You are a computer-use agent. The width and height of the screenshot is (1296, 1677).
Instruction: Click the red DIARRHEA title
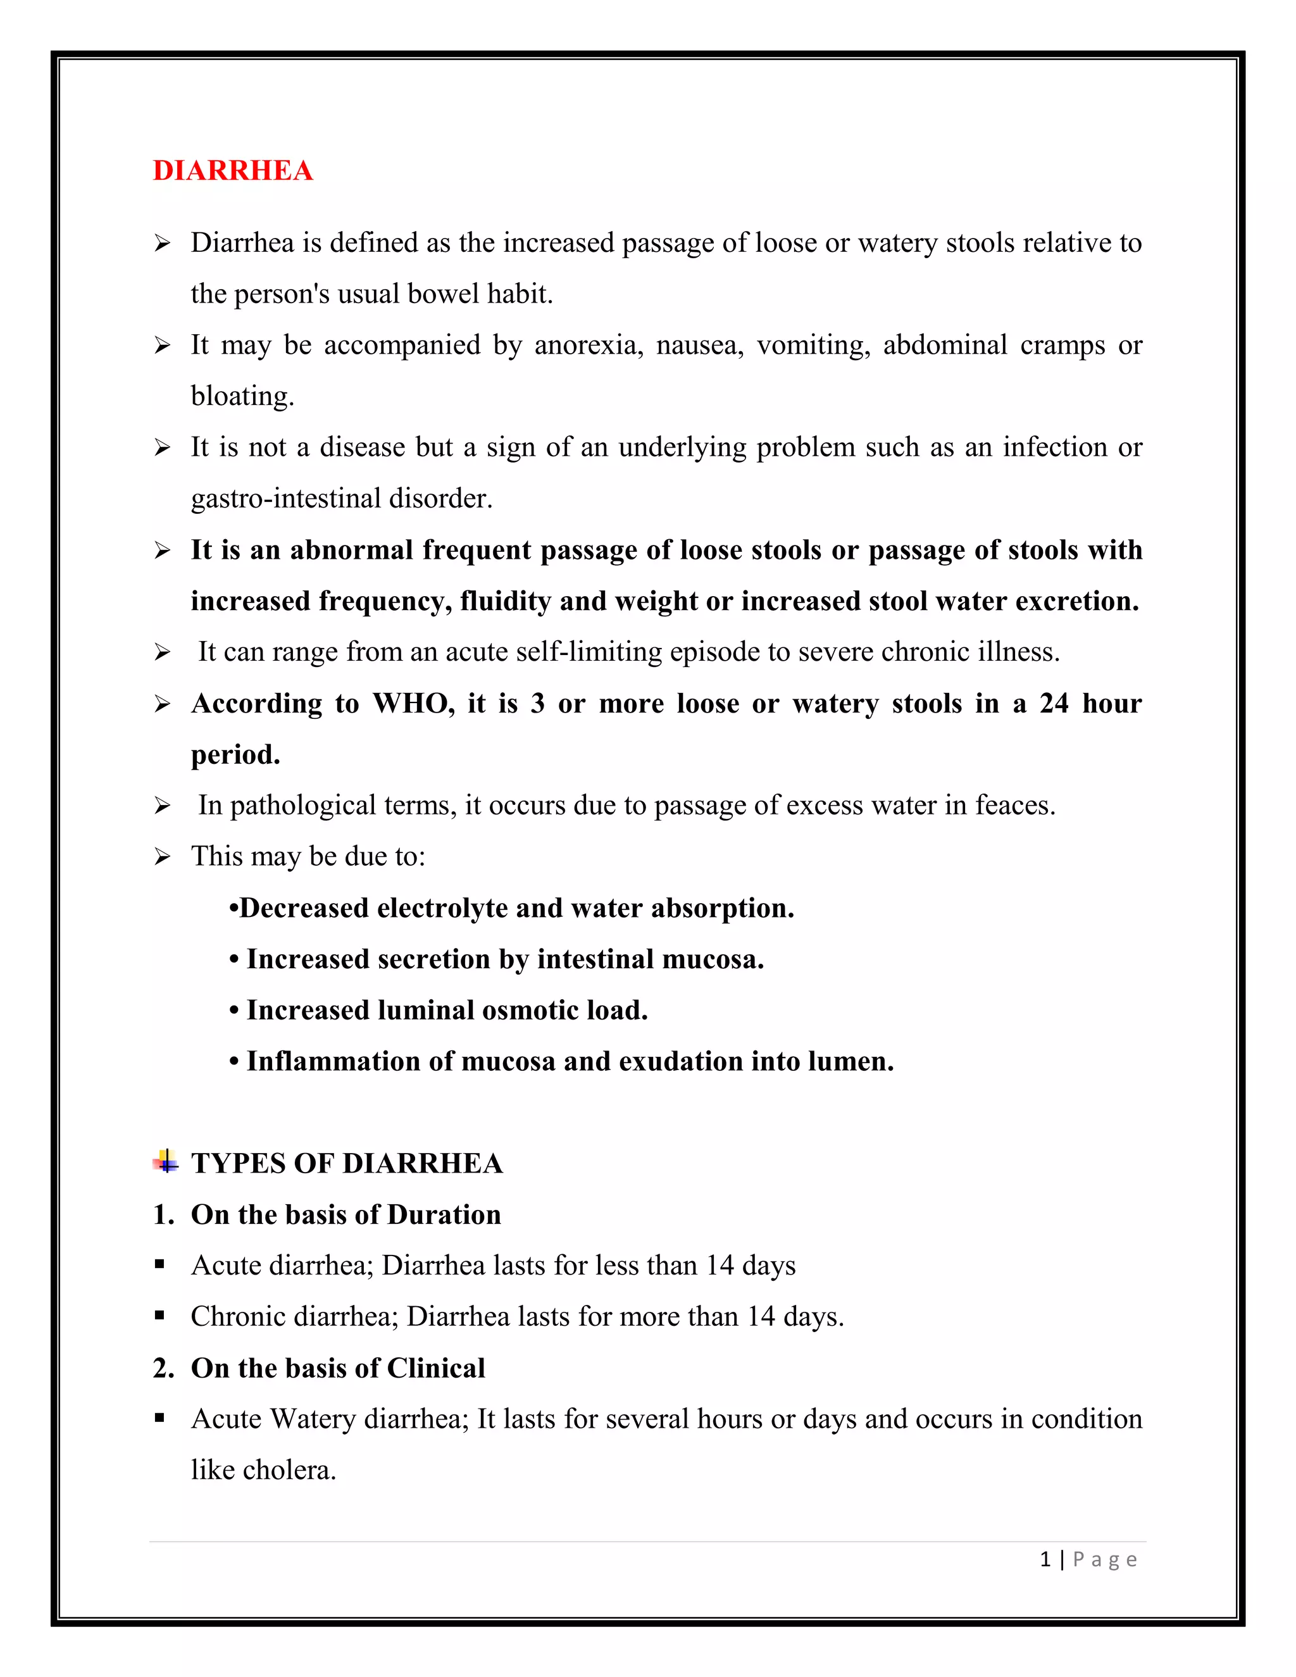[x=233, y=170]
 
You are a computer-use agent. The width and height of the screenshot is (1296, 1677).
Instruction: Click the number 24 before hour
[x=1054, y=703]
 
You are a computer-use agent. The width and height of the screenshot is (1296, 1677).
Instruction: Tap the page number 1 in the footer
[x=1045, y=1559]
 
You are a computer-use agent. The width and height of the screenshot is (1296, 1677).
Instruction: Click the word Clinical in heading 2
[x=435, y=1368]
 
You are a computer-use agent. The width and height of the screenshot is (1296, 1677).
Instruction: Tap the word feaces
[x=1015, y=806]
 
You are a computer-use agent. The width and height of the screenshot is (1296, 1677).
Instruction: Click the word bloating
[x=242, y=396]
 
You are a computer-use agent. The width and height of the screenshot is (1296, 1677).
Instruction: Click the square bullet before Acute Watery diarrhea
[x=159, y=1418]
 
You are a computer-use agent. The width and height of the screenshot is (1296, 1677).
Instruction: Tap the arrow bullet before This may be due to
[x=162, y=856]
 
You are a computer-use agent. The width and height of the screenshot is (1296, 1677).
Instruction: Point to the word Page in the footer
[x=1105, y=1559]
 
